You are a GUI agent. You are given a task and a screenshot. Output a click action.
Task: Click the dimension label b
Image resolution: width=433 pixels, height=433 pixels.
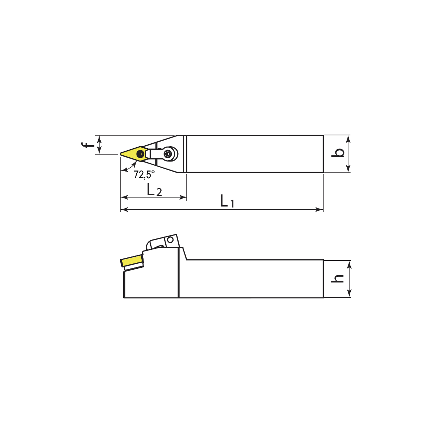[x=339, y=153]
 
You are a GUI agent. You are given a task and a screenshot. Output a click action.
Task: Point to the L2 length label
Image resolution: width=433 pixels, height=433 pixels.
[x=154, y=190]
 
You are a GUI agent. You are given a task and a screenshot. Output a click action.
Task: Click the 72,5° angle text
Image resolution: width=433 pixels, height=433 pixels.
[x=144, y=174]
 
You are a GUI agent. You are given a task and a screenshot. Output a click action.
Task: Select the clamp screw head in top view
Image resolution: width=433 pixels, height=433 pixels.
[x=169, y=154]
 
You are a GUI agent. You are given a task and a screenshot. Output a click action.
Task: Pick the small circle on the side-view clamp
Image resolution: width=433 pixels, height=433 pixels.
[x=171, y=239]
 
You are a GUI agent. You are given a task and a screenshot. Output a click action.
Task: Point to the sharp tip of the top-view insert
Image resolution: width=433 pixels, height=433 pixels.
[x=120, y=154]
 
